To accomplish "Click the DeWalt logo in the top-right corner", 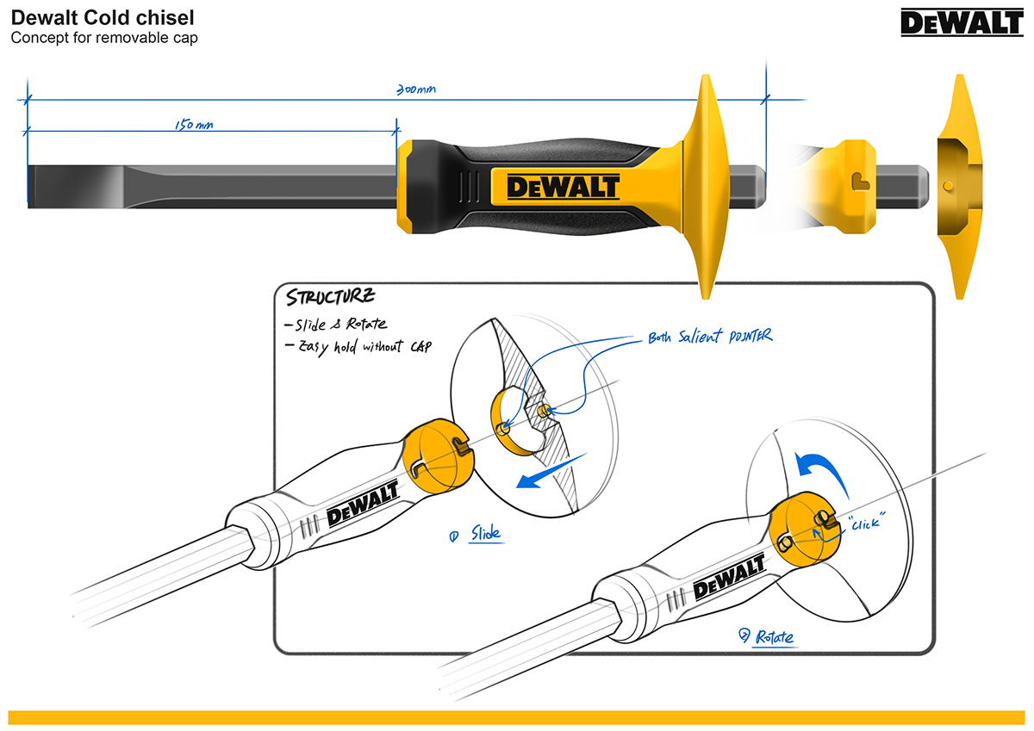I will click(x=962, y=23).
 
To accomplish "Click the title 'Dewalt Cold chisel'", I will click(x=103, y=18).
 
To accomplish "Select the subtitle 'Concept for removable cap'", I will click(x=104, y=38).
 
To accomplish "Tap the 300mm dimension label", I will click(x=415, y=90).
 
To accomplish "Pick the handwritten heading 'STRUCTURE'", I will click(x=329, y=297).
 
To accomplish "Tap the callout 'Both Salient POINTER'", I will click(x=710, y=338).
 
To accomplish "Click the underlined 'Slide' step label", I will click(x=484, y=534).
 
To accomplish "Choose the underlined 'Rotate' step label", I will click(x=774, y=637).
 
